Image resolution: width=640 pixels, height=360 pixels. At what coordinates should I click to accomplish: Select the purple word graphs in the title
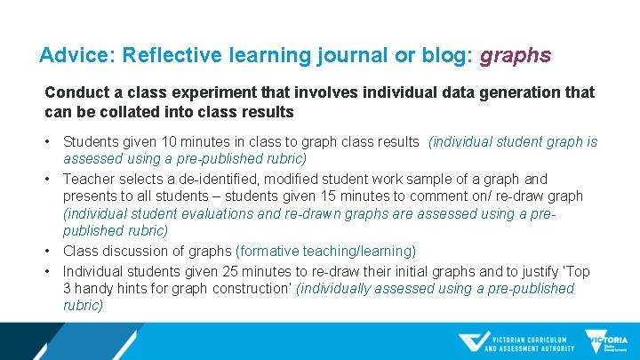pyautogui.click(x=516, y=56)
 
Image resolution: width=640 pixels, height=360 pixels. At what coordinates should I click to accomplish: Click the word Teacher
pyautogui.click(x=88, y=179)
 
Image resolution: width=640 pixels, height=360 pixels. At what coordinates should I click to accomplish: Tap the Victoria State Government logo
pyautogui.click(x=607, y=342)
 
